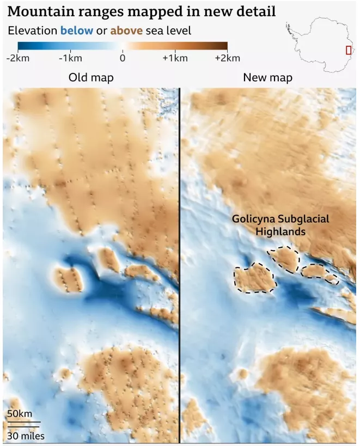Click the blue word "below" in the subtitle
click(76, 30)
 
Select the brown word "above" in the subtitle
click(126, 30)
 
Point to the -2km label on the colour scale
click(18, 58)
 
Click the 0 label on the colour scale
click(123, 58)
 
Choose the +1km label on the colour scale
click(175, 58)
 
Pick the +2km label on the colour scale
click(227, 58)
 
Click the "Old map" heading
click(91, 78)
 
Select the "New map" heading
click(267, 78)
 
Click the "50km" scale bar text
click(20, 414)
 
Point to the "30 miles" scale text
click(26, 436)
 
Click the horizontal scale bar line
click(23, 422)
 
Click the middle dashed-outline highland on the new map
click(284, 259)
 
